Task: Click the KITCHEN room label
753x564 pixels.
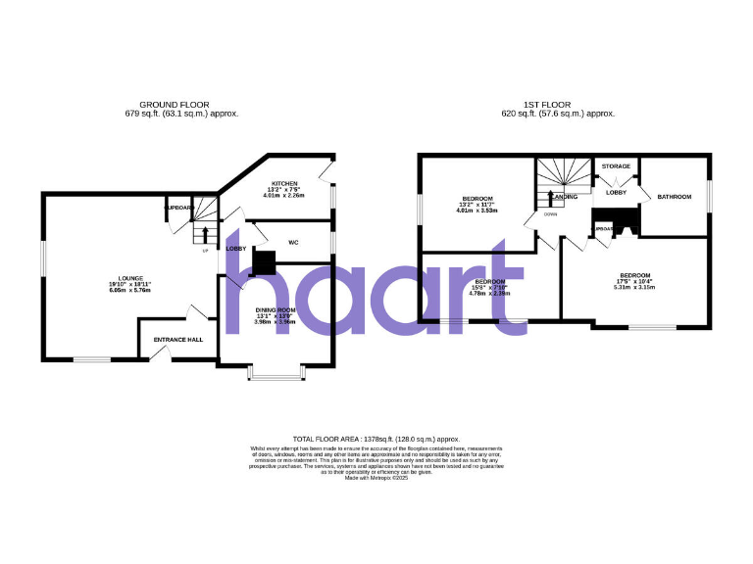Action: [x=285, y=183]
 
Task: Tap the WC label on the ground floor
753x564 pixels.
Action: [x=293, y=242]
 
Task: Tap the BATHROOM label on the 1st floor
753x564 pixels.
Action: [x=675, y=195]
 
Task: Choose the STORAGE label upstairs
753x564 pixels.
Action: [x=616, y=166]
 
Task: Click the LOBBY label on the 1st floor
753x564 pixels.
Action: [x=616, y=192]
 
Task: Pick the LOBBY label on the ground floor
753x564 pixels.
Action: [x=236, y=249]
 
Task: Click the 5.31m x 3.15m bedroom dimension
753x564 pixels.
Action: [x=632, y=288]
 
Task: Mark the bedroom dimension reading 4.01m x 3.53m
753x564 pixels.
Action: [x=477, y=211]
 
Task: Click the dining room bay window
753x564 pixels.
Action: [x=276, y=372]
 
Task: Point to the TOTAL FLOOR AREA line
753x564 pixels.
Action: [x=376, y=440]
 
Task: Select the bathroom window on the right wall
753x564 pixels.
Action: [x=708, y=195]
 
